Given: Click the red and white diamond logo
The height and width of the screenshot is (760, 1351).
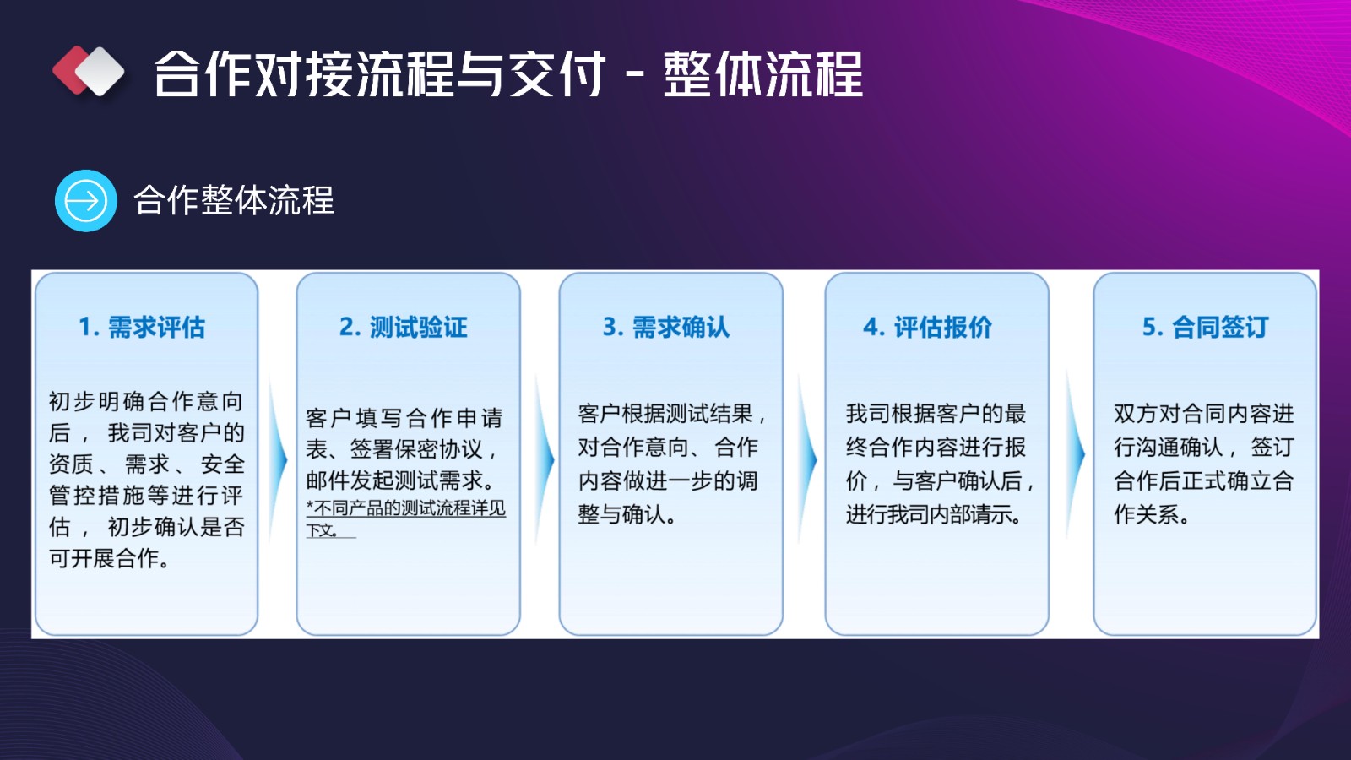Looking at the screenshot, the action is point(89,71).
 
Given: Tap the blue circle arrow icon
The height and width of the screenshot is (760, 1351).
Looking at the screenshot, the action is point(85,200).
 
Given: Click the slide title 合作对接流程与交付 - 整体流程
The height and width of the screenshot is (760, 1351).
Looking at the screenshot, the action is point(508,73).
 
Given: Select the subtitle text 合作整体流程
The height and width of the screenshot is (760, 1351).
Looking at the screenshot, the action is point(233,200).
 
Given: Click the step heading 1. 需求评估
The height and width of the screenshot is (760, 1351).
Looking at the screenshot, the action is point(143,327).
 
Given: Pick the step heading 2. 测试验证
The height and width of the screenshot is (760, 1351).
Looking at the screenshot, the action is point(404,327).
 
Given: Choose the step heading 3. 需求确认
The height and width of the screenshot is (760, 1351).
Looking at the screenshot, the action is point(666,327).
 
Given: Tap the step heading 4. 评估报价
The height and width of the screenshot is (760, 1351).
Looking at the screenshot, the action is point(928,327).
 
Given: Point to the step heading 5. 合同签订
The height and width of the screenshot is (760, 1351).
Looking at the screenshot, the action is point(1206,327).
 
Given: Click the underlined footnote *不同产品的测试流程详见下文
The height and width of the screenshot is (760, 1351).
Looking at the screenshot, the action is point(405,518).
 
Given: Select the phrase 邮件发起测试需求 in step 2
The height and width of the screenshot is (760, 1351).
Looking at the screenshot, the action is point(394,480).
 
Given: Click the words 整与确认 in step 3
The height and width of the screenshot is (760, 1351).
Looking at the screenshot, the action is point(621,514).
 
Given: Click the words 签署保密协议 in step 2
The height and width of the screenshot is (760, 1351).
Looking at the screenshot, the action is point(417,449).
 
